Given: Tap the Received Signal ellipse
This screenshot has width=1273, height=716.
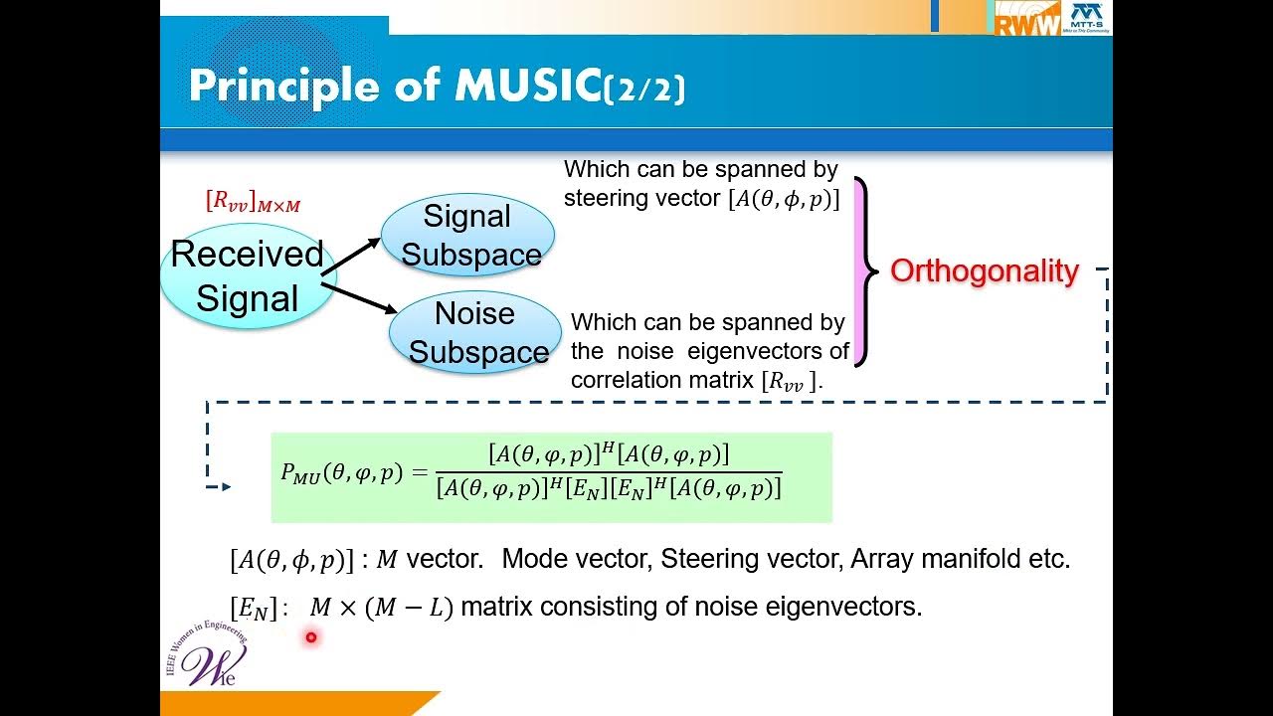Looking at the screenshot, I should tap(247, 276).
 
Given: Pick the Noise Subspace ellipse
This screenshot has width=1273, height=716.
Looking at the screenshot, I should tap(476, 332).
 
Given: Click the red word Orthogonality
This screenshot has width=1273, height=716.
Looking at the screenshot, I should tap(984, 270).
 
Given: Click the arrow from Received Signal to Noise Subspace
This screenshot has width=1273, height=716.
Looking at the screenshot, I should tap(359, 298).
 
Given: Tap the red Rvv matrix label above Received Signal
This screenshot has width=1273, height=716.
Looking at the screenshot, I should tap(253, 202).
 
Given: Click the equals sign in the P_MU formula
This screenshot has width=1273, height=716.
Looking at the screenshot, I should tap(418, 473).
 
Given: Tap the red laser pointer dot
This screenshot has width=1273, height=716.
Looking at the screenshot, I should tap(311, 637).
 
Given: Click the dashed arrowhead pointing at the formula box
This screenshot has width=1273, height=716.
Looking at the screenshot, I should tap(226, 486).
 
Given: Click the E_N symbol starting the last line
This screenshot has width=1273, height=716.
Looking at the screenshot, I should tap(253, 608).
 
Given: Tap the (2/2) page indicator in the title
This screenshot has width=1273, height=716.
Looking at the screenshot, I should tap(644, 89).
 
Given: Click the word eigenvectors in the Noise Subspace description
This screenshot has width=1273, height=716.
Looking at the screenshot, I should tap(788, 351).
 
